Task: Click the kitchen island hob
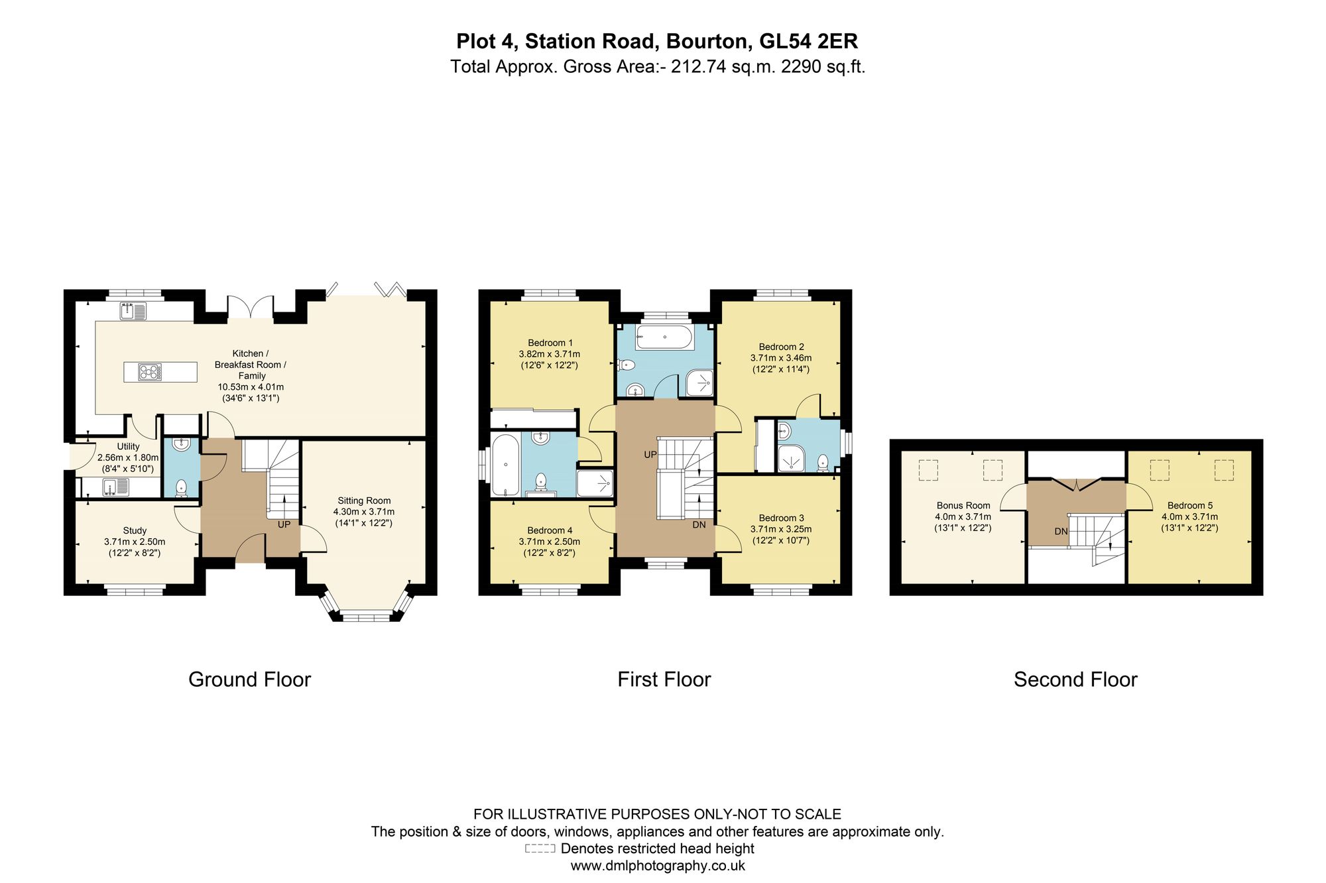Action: click(150, 372)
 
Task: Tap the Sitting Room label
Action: click(364, 500)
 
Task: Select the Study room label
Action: click(135, 530)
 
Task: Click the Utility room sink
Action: click(115, 487)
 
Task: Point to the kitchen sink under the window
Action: click(133, 310)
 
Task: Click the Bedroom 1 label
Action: click(550, 343)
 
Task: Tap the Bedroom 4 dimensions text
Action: click(550, 547)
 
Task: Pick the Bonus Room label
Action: click(963, 505)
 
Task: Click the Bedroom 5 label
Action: click(1190, 505)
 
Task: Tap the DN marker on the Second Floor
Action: click(1061, 531)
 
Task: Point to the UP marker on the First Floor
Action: click(650, 455)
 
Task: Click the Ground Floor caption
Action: click(249, 679)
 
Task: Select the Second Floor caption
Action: click(1075, 679)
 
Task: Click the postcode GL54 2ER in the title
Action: click(808, 41)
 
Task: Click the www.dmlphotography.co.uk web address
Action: click(658, 866)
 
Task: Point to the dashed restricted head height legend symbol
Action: click(540, 849)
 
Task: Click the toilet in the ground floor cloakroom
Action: click(182, 489)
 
